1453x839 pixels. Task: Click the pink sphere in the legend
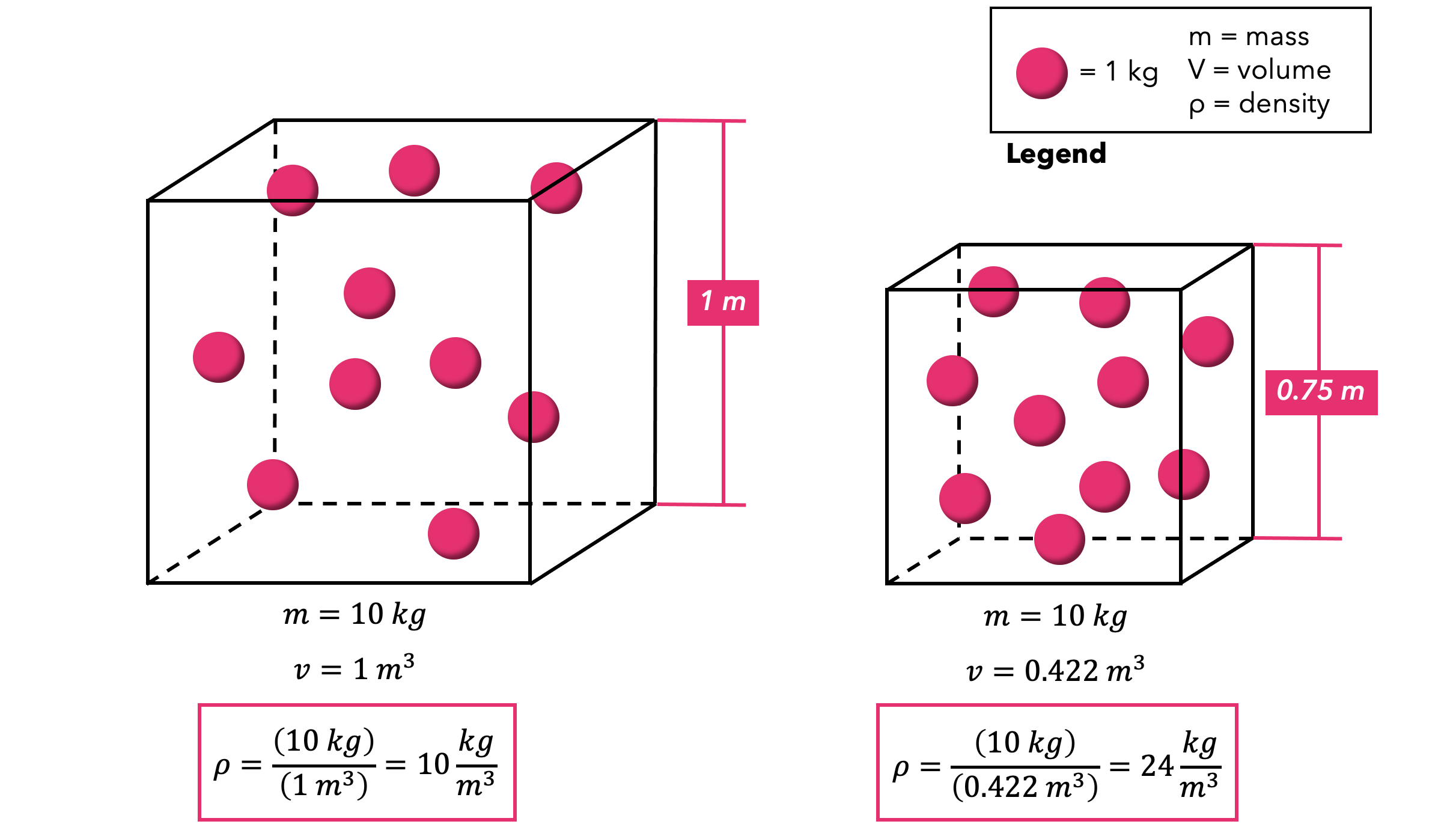coord(1041,73)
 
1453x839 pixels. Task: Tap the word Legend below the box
coord(1056,154)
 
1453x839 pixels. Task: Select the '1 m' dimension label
coord(723,302)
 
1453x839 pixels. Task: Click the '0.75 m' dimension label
coord(1321,392)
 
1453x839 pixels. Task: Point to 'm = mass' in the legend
coord(1248,37)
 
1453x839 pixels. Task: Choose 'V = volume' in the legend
coord(1259,70)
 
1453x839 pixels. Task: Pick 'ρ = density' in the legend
coord(1259,104)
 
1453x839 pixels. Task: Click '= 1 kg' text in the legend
coord(1118,72)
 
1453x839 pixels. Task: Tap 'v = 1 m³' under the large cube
coord(354,668)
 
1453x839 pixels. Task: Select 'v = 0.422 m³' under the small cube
coord(1055,670)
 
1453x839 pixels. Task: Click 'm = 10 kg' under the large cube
coord(354,615)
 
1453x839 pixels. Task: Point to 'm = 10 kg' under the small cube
coord(1055,617)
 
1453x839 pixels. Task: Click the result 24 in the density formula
coord(1157,766)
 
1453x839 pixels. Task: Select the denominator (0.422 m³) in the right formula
coord(1025,787)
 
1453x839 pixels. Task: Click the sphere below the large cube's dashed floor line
coord(453,534)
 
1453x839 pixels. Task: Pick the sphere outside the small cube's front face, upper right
coord(1207,341)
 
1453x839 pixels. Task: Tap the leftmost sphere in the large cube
coord(219,357)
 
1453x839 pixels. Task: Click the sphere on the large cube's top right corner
coord(556,188)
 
